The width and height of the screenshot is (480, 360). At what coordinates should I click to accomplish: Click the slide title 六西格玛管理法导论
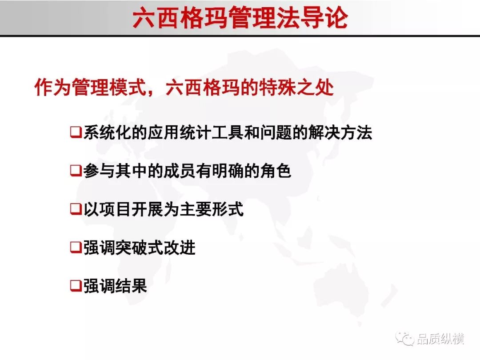coord(240,18)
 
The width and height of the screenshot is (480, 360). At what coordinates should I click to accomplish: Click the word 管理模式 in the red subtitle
coord(109,87)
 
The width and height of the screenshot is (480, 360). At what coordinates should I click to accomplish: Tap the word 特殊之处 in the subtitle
coord(296,87)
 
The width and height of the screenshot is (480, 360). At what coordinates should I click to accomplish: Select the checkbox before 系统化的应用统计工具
coord(76,132)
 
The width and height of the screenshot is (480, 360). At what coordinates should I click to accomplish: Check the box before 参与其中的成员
coord(76,171)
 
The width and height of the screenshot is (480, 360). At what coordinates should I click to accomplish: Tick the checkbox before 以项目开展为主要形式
coord(76,209)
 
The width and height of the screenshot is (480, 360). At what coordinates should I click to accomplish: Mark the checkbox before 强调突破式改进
coord(76,248)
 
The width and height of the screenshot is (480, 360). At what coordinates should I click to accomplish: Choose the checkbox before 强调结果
coord(76,286)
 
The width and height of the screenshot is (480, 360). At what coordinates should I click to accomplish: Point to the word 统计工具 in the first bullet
coord(211,132)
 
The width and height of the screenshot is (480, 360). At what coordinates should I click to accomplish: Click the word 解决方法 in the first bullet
coord(340,132)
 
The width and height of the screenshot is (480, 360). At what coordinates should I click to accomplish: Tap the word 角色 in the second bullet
coord(275,171)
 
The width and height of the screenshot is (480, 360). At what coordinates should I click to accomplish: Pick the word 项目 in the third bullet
coord(115,209)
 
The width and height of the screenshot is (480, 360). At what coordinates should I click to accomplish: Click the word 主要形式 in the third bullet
coord(212,209)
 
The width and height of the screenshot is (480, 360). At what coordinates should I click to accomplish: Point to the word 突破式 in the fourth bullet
coord(139,248)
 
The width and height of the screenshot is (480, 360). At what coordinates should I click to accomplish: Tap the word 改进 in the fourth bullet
coord(180,248)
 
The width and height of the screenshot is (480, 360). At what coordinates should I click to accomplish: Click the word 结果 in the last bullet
coord(131,286)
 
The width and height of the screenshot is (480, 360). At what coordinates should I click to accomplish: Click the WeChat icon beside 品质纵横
coord(404,338)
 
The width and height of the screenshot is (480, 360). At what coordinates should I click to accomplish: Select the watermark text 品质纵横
coord(440,339)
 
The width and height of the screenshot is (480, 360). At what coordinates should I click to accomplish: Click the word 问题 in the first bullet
coord(275,132)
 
